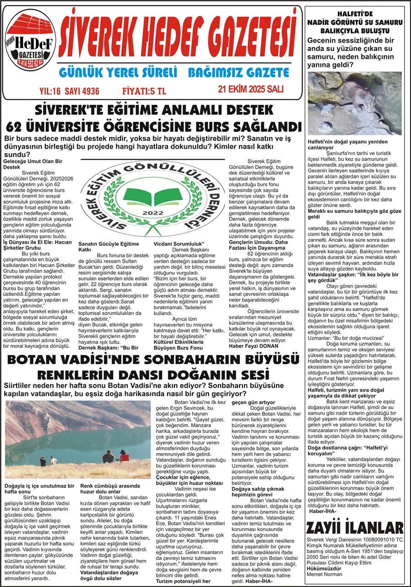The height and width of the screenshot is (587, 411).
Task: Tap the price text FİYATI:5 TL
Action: (x=144, y=90)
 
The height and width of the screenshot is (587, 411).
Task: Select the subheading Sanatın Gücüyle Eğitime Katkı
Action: (x=108, y=247)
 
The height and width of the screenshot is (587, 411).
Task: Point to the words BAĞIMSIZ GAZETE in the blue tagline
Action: (x=238, y=72)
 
